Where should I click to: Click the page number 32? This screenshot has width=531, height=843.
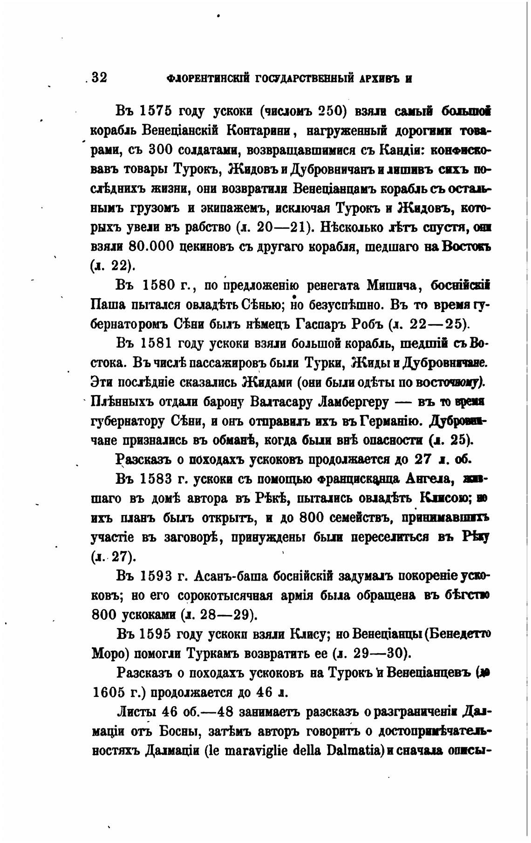click(x=100, y=77)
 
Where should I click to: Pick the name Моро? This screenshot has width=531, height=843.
click(x=109, y=653)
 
